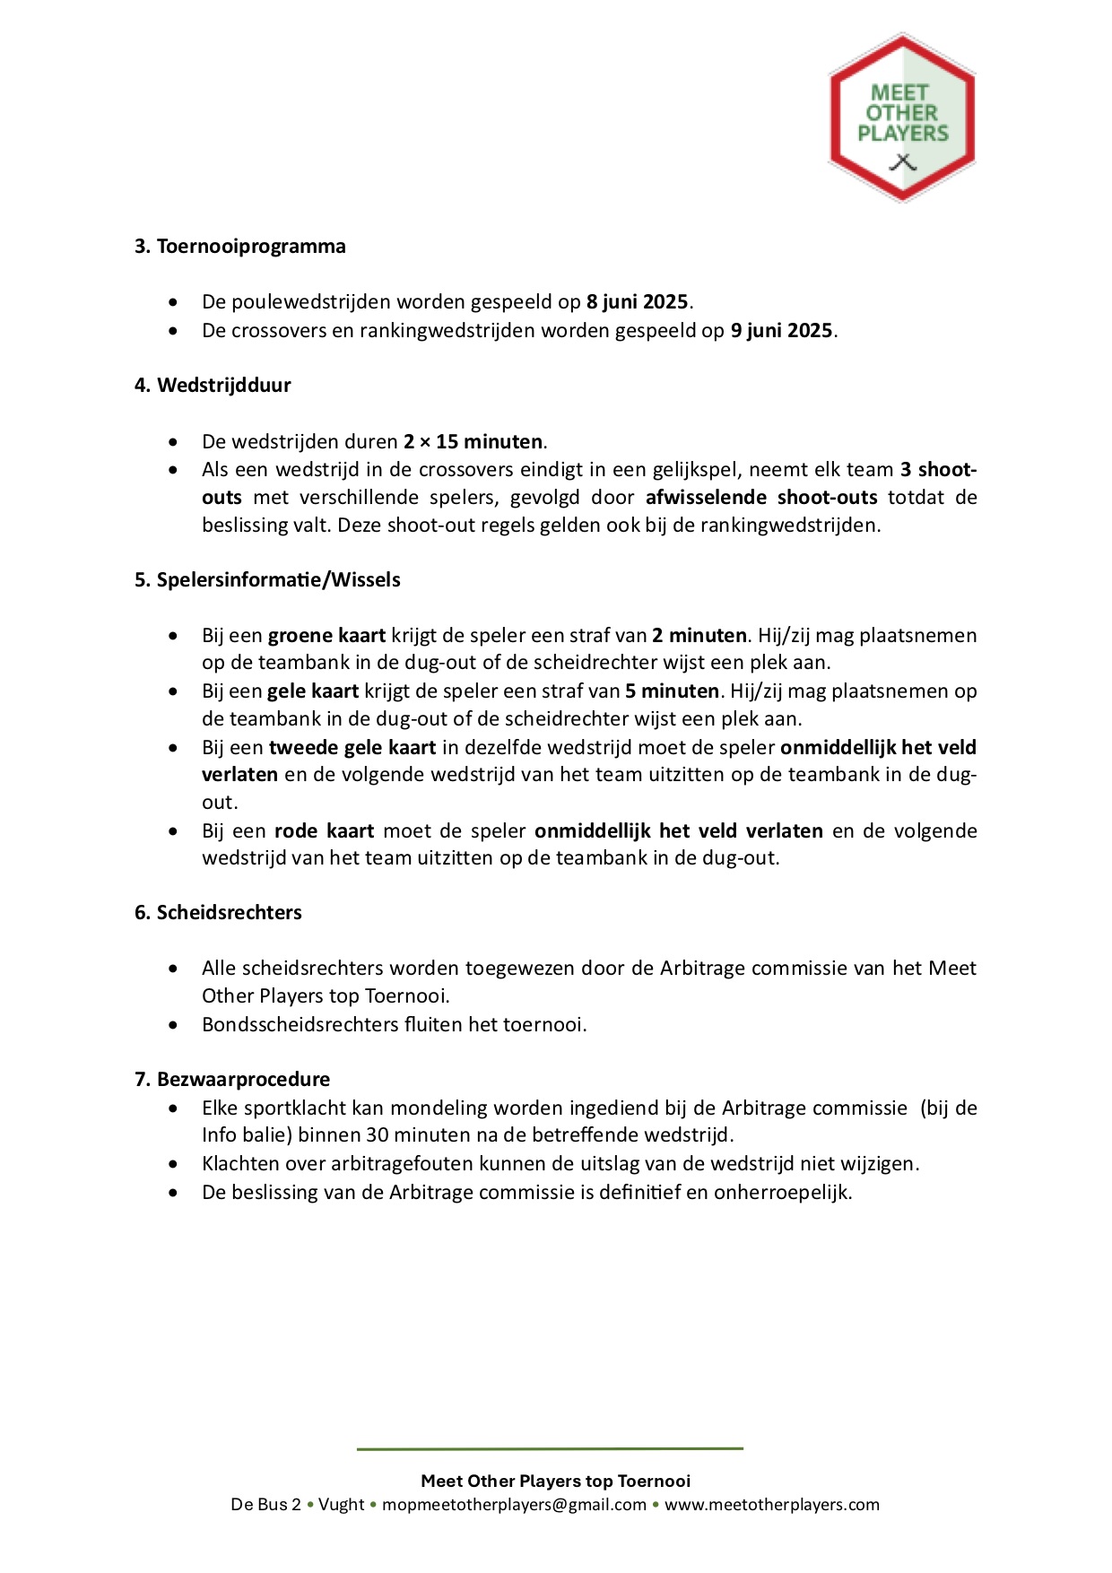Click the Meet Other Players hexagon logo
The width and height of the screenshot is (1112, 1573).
pos(901,117)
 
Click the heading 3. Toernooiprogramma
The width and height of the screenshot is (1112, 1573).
pos(240,247)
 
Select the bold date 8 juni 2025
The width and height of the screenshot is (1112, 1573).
pos(637,302)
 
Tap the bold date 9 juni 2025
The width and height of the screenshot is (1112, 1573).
pos(781,331)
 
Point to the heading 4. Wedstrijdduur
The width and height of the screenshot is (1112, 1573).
pos(213,386)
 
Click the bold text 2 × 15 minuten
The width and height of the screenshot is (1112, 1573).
pos(473,442)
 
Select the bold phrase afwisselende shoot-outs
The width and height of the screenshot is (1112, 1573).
pos(760,498)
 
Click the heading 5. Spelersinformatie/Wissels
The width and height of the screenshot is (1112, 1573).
pos(267,580)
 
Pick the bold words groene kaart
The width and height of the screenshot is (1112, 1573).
pos(326,636)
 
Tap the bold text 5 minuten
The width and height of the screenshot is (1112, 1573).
pos(672,691)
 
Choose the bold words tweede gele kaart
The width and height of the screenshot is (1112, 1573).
pos(352,748)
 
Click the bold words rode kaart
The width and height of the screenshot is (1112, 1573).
pos(324,831)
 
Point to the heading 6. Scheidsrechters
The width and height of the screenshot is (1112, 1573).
pos(218,913)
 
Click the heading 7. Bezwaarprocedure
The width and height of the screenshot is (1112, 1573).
pos(232,1080)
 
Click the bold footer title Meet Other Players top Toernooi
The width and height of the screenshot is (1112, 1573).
pos(556,1481)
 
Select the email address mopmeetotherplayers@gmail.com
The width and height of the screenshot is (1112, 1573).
pos(514,1505)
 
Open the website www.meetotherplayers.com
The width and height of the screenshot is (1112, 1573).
pos(771,1505)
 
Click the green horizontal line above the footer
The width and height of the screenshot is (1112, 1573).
pos(550,1448)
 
